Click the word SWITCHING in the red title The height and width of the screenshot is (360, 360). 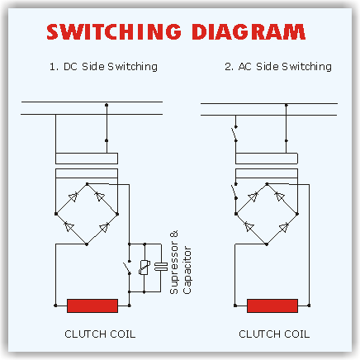click(114, 31)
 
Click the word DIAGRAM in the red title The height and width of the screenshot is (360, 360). click(249, 31)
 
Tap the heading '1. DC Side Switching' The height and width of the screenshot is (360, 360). click(103, 67)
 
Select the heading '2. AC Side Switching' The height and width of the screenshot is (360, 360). click(278, 67)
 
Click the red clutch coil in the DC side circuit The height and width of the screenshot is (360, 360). click(92, 306)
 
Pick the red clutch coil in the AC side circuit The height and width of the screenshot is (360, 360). click(272, 306)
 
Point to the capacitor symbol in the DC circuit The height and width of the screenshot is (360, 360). click(161, 267)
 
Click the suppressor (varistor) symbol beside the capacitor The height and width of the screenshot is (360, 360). click(144, 268)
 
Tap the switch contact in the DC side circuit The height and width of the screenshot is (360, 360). click(127, 267)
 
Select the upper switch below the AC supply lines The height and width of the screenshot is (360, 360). click(234, 134)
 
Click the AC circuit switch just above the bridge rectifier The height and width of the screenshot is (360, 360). click(234, 191)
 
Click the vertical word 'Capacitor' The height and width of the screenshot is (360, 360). click(187, 270)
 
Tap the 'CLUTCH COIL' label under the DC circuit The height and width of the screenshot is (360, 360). click(100, 334)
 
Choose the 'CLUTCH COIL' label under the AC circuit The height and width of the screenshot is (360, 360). click(274, 334)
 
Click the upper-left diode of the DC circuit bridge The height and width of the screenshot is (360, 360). click(73, 197)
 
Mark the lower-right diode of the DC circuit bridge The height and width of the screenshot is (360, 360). click(104, 227)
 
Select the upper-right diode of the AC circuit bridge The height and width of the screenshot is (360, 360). click(280, 197)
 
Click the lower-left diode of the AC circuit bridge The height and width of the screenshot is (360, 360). click(249, 227)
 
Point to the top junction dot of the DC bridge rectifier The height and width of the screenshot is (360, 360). click(87, 184)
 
